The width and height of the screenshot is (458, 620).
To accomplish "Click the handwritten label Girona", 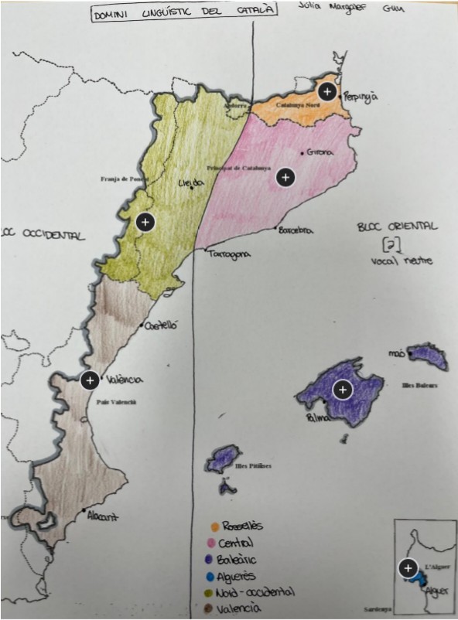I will (x=320, y=152).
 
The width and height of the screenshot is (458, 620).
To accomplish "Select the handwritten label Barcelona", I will (x=295, y=230).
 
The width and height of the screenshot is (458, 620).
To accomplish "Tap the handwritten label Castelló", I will (x=161, y=325).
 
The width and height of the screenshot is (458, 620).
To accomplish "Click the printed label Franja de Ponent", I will (x=124, y=178).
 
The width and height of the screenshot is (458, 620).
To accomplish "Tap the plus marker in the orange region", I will (x=327, y=91).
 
